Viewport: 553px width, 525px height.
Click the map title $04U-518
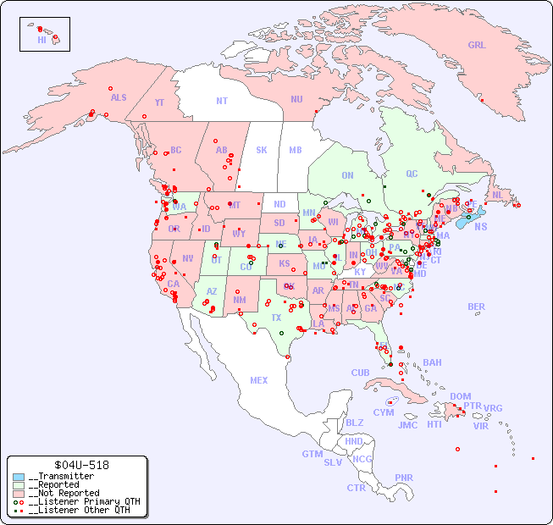pyautogui.click(x=80, y=465)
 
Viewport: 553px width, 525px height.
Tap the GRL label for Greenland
pyautogui.click(x=477, y=45)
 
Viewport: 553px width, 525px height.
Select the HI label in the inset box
pyautogui.click(x=41, y=40)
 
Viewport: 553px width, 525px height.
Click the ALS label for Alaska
pyautogui.click(x=119, y=97)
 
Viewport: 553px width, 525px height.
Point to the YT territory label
pyautogui.click(x=159, y=102)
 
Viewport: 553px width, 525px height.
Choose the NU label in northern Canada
pyautogui.click(x=296, y=99)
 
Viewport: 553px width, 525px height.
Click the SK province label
pyautogui.click(x=262, y=150)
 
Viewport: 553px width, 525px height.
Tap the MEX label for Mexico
pyautogui.click(x=259, y=380)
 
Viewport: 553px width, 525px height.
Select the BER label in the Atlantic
pyautogui.click(x=477, y=307)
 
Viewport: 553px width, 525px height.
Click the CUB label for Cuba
pyautogui.click(x=360, y=373)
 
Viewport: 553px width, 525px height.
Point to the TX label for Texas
pyautogui.click(x=276, y=318)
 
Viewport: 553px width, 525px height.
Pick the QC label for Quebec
pyautogui.click(x=412, y=174)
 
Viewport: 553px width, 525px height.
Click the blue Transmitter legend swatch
pyautogui.click(x=19, y=477)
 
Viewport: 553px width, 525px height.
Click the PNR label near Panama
pyautogui.click(x=404, y=478)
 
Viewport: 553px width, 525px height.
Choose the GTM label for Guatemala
pyautogui.click(x=312, y=454)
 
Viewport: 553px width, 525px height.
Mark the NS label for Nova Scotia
pyautogui.click(x=480, y=226)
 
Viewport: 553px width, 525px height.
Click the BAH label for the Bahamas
pyautogui.click(x=432, y=362)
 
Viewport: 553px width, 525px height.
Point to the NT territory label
pyautogui.click(x=222, y=100)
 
